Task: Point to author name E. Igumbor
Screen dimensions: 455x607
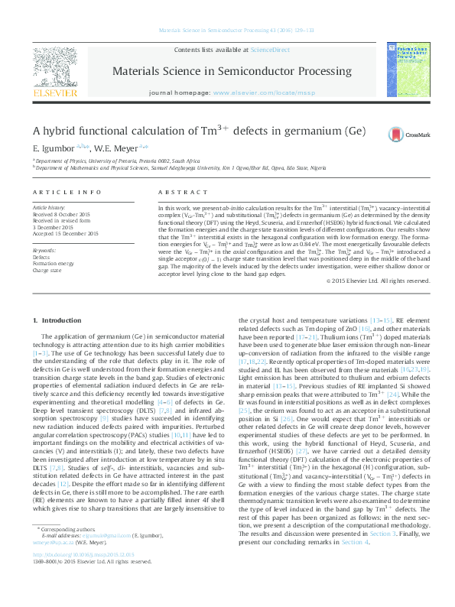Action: tap(53, 147)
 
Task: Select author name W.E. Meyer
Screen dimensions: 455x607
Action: tap(122, 147)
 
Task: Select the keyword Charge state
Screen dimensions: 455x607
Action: tap(47, 270)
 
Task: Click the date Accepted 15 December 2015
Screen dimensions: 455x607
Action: tap(66, 233)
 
